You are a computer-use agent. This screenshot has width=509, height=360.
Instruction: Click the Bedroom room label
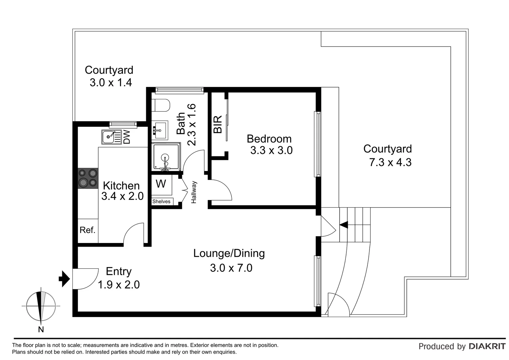[x=269, y=139]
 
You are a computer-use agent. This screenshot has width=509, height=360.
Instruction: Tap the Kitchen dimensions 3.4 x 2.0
[x=122, y=196]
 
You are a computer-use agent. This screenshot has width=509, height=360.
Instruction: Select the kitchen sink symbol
[x=109, y=137]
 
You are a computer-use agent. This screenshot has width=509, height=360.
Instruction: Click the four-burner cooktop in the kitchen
[x=88, y=178]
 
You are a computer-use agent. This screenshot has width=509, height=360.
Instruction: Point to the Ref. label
[x=87, y=230]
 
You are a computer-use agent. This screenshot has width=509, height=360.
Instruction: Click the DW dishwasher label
[x=127, y=137]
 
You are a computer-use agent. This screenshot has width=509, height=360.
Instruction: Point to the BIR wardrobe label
[x=218, y=124]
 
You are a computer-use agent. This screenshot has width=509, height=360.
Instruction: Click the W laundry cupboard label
[x=161, y=184]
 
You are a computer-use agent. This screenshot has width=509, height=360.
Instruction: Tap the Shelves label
[x=161, y=201]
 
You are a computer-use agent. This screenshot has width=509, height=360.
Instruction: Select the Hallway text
[x=194, y=192]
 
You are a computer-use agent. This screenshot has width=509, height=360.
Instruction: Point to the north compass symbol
[x=41, y=306]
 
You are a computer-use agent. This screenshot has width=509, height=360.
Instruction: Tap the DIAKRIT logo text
[x=487, y=346]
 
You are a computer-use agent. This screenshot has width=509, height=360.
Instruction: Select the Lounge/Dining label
[x=229, y=253]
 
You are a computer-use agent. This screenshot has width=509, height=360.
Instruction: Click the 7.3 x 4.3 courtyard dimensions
[x=390, y=162]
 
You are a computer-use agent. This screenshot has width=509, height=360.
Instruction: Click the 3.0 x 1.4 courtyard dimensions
[x=111, y=82]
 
